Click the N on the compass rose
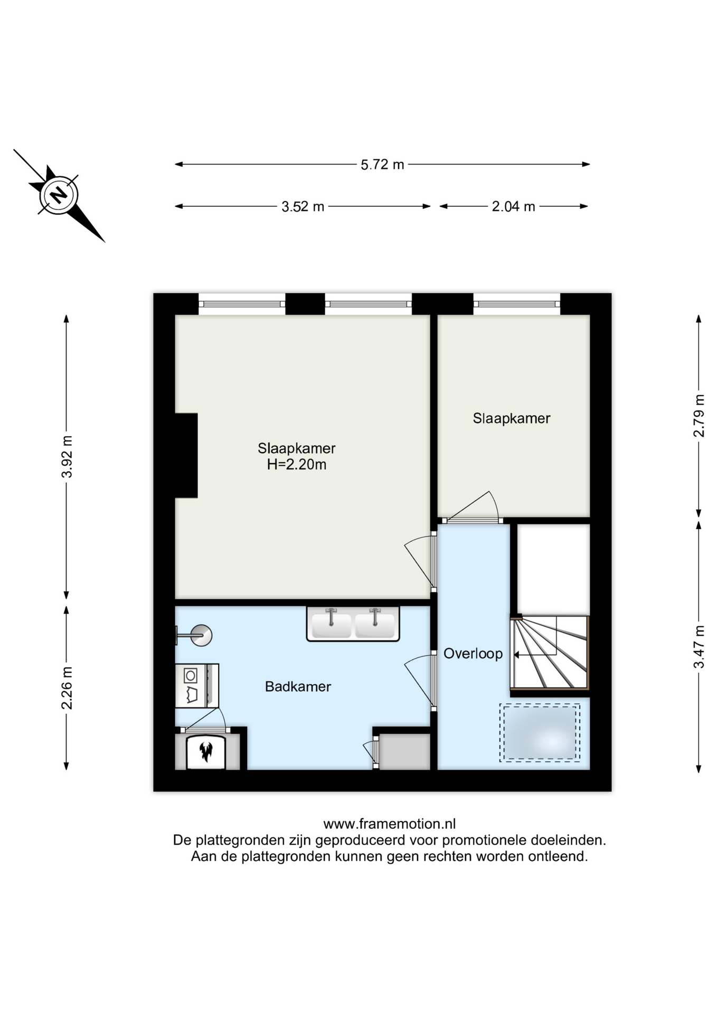pyautogui.click(x=59, y=195)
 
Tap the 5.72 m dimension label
pyautogui.click(x=382, y=165)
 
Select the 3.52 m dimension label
pyautogui.click(x=303, y=206)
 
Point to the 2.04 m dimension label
pyautogui.click(x=513, y=206)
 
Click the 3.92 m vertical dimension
pyautogui.click(x=67, y=457)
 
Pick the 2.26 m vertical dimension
pyautogui.click(x=67, y=687)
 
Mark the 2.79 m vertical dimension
pyautogui.click(x=699, y=416)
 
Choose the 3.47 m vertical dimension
pyautogui.click(x=699, y=647)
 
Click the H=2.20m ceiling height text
pyautogui.click(x=297, y=464)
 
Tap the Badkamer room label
pyautogui.click(x=298, y=686)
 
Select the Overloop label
pyautogui.click(x=473, y=654)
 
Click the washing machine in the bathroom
pyautogui.click(x=197, y=685)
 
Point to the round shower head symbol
pyautogui.click(x=201, y=635)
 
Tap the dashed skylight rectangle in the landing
pyautogui.click(x=540, y=732)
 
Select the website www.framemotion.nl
pyautogui.click(x=390, y=824)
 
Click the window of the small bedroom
pyautogui.click(x=516, y=304)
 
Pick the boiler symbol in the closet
pyautogui.click(x=206, y=752)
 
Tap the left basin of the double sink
pyautogui.click(x=331, y=625)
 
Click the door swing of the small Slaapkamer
pyautogui.click(x=472, y=506)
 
